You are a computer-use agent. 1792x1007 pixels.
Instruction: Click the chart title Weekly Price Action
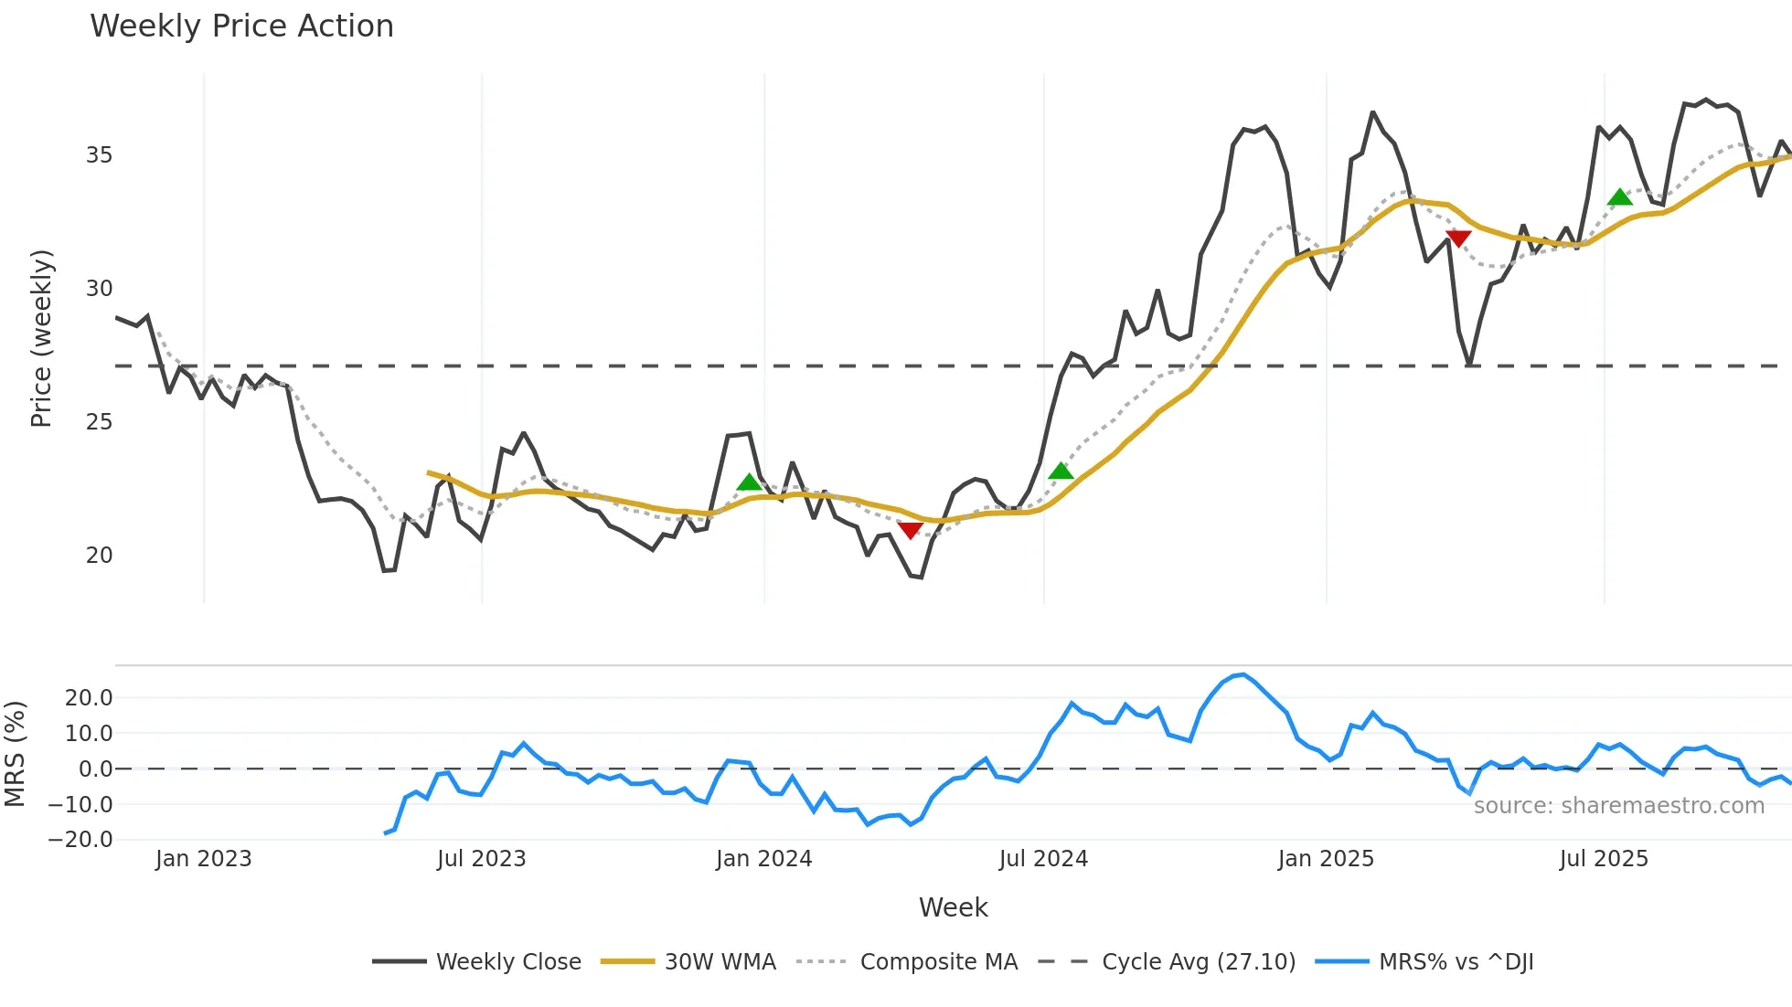click(241, 26)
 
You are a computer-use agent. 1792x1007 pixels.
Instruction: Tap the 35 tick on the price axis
click(99, 155)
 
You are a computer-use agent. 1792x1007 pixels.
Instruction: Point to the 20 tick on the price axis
click(99, 556)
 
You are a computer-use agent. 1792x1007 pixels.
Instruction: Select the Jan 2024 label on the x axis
click(763, 859)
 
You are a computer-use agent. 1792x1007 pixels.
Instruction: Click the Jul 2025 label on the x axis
click(1604, 859)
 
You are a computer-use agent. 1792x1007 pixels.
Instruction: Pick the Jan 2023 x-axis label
click(203, 859)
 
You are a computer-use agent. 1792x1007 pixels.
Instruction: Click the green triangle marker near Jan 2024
click(750, 482)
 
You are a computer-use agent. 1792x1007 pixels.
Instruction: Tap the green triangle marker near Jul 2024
click(1061, 472)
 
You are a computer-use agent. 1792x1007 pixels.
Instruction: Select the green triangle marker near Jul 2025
click(1620, 197)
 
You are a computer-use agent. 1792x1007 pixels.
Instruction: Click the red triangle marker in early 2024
click(910, 530)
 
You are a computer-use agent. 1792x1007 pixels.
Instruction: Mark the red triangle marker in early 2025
click(1458, 238)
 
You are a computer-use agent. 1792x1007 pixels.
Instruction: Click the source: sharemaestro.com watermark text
click(1618, 806)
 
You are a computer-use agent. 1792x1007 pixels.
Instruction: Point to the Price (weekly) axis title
click(41, 338)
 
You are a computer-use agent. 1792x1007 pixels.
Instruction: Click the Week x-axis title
click(953, 907)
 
